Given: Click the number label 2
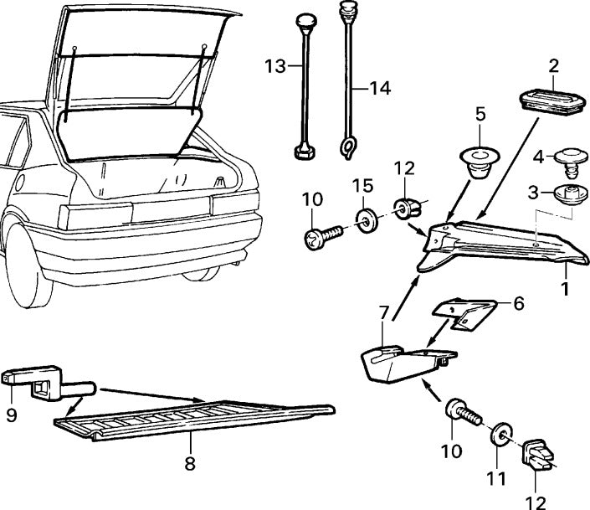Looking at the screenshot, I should [553, 65].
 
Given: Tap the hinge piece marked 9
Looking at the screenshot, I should [33, 381].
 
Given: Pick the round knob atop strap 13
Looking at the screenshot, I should [305, 20].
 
